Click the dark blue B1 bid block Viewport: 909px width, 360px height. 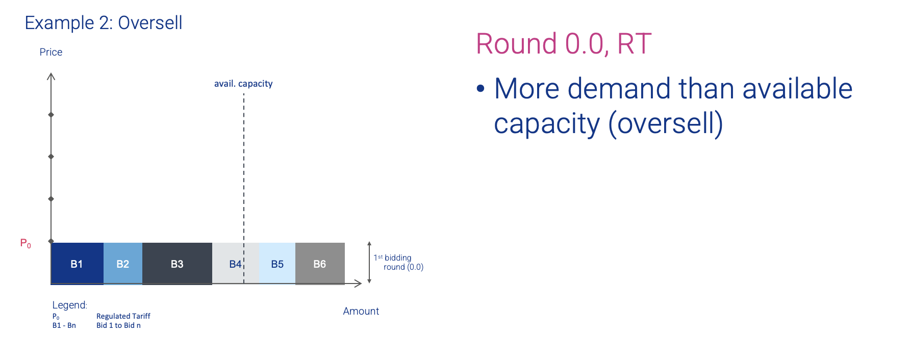click(x=77, y=264)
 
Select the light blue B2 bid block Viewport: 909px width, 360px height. click(x=123, y=264)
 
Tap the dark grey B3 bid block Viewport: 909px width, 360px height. click(x=177, y=264)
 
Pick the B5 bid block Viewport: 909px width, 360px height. click(x=277, y=264)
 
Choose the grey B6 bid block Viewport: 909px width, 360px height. click(x=320, y=264)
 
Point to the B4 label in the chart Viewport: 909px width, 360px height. click(x=235, y=264)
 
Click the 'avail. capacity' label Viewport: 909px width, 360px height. click(x=243, y=84)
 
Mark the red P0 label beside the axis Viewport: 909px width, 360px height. click(x=26, y=244)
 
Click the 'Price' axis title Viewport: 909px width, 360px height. click(x=51, y=52)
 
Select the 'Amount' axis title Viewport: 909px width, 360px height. click(x=361, y=311)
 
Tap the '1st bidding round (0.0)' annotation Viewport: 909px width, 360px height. click(x=398, y=262)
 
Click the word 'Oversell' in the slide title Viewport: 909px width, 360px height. click(x=150, y=23)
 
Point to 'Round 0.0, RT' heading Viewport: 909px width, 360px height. click(x=564, y=43)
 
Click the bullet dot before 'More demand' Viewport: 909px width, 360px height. click(x=481, y=89)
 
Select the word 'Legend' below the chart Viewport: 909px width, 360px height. click(x=69, y=305)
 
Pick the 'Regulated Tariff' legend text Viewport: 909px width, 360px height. click(x=123, y=316)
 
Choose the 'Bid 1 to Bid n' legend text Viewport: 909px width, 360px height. click(x=118, y=325)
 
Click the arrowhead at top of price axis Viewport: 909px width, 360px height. click(x=51, y=76)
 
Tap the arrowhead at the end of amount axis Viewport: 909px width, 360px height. click(x=358, y=284)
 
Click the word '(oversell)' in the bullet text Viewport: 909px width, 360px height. click(x=666, y=124)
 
